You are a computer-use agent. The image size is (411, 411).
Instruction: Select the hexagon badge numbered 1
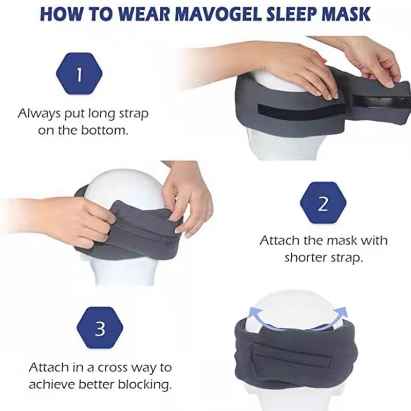[79, 76]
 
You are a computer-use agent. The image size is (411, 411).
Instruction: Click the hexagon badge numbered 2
[323, 204]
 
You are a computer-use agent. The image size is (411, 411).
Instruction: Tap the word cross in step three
[111, 368]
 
